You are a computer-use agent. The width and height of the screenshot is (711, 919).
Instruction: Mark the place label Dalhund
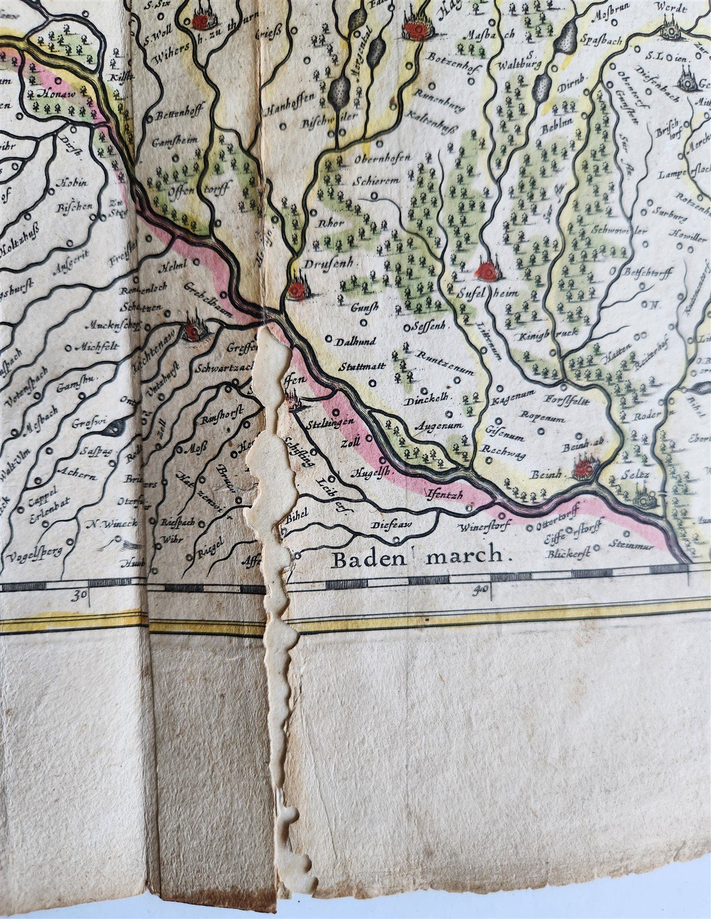(356, 341)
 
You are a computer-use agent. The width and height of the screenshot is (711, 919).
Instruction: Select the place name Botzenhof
(452, 57)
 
